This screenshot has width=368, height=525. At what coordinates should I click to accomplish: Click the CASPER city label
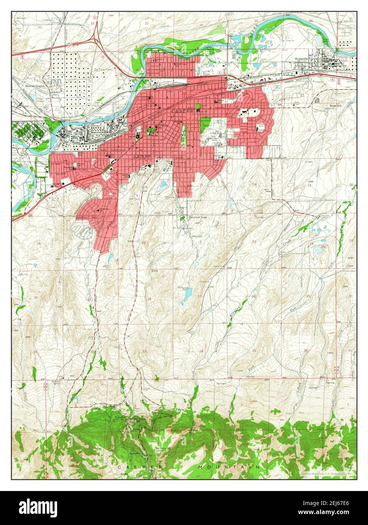tap(182, 111)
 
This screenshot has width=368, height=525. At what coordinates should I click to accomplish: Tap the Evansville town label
tap(303, 59)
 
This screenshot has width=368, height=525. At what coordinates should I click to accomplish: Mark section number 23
tap(254, 241)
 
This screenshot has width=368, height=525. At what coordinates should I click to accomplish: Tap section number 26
tap(254, 296)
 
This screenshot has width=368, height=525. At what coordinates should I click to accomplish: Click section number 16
tap(145, 187)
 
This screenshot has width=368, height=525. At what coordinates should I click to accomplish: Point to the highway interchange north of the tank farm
tap(95, 37)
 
